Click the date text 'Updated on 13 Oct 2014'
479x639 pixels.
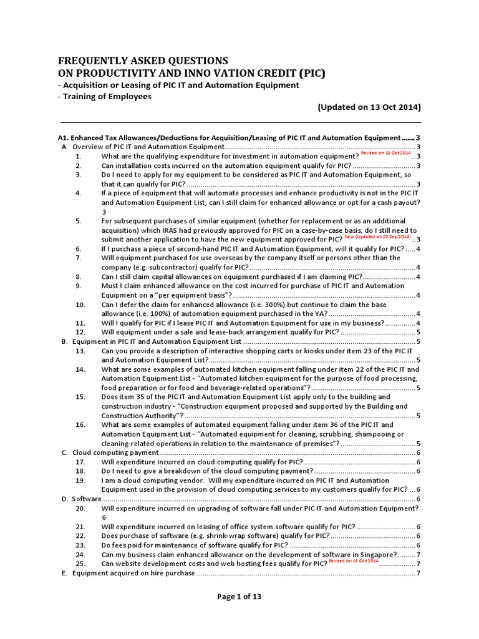pyautogui.click(x=369, y=107)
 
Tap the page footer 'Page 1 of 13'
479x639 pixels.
pyautogui.click(x=239, y=597)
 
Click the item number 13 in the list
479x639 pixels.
pyautogui.click(x=80, y=351)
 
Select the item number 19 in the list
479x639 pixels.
pyautogui.click(x=80, y=480)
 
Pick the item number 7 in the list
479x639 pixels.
pyautogui.click(x=79, y=258)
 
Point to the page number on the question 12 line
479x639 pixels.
pyautogui.click(x=417, y=332)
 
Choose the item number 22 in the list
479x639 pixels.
pyautogui.click(x=80, y=535)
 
